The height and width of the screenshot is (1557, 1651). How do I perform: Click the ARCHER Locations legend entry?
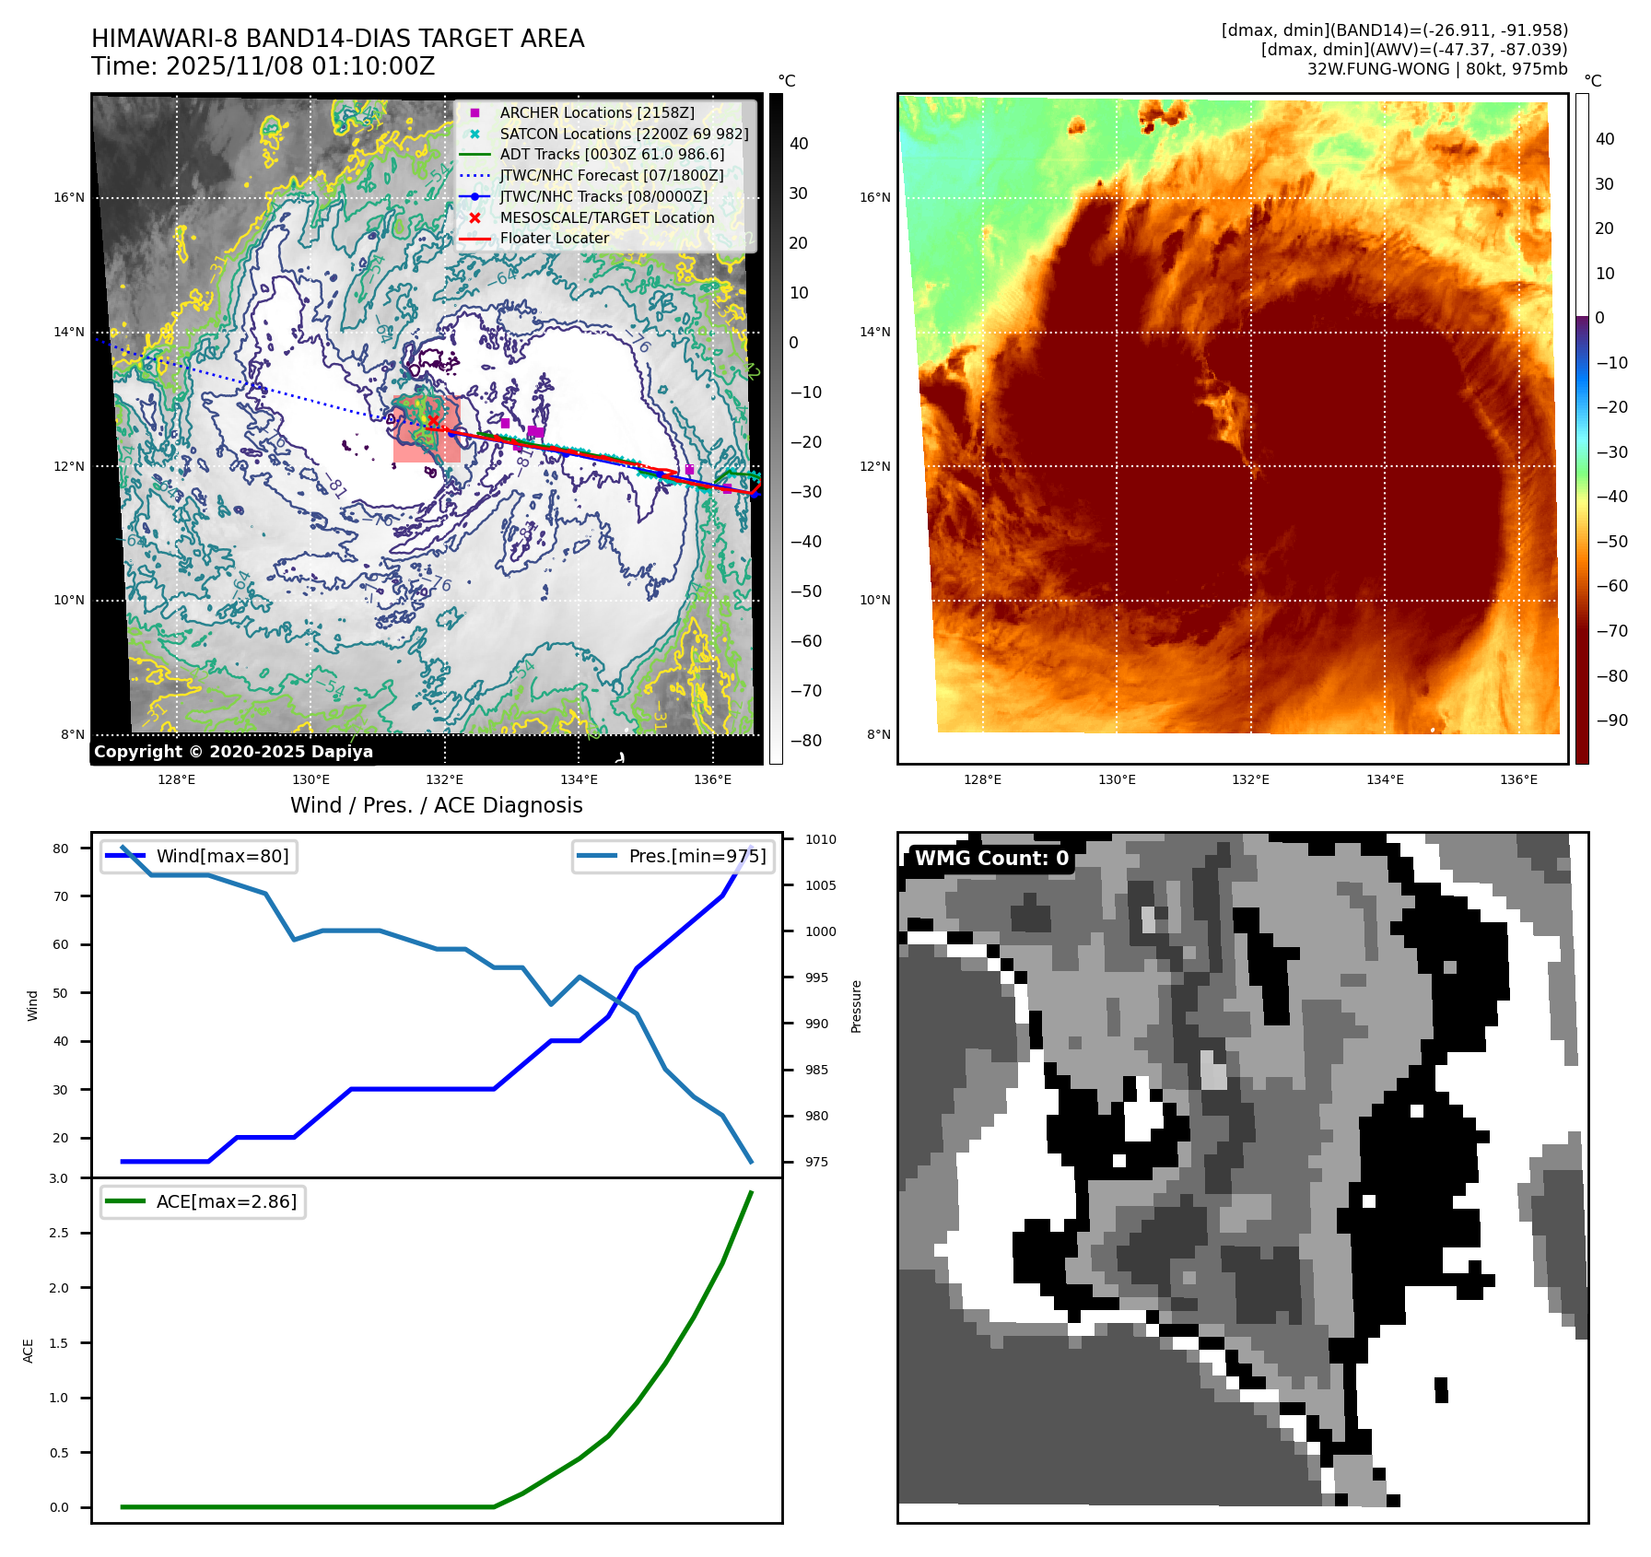(597, 112)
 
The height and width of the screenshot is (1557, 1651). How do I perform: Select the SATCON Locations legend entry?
(624, 134)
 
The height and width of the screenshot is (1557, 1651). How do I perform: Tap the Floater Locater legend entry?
(554, 238)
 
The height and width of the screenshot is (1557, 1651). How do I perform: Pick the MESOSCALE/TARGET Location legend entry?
(606, 217)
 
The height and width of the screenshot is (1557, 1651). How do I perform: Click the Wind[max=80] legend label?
(222, 856)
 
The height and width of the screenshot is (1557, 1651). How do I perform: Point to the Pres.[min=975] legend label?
(697, 856)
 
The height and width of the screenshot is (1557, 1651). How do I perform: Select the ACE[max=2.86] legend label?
(226, 1201)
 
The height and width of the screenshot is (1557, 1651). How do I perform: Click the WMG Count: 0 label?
(991, 859)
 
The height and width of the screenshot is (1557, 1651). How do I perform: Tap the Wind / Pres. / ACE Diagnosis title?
(436, 805)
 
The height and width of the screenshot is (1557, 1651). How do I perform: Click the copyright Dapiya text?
(233, 752)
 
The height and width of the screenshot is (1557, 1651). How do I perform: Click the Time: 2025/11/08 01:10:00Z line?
(263, 66)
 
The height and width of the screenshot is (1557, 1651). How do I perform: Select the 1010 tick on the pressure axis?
(820, 839)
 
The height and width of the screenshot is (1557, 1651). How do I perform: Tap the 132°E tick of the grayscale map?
(444, 779)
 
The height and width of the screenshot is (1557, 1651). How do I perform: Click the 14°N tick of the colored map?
(874, 332)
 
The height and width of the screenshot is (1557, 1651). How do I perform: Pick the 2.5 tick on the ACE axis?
(58, 1233)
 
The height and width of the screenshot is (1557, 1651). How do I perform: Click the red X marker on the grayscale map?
(433, 421)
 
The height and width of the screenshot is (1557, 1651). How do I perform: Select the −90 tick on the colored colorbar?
(1611, 720)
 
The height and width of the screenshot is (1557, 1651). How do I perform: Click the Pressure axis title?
(856, 1006)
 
